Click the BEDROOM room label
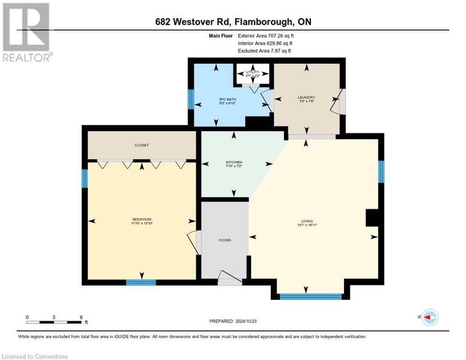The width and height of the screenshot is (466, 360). point(142,219)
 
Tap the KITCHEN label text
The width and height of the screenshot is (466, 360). point(233,162)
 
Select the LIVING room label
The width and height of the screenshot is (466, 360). point(307,221)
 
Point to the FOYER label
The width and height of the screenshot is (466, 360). point(225,240)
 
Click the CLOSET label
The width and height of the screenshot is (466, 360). point(142,145)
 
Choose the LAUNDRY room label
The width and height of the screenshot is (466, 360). point(307,97)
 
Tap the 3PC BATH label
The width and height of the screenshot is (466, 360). point(216,99)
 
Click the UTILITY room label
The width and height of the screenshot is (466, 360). point(253,72)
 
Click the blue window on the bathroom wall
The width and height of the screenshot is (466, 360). point(191,99)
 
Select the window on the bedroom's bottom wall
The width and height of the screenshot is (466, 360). point(141,282)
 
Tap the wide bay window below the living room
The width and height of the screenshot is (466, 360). point(310,296)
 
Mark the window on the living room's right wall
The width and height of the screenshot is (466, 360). point(381,172)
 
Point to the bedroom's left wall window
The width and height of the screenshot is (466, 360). point(85,178)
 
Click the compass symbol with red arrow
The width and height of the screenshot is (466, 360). point(430,317)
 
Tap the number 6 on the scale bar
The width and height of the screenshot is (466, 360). point(81,317)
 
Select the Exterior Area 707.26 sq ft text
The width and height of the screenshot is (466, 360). point(267,35)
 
